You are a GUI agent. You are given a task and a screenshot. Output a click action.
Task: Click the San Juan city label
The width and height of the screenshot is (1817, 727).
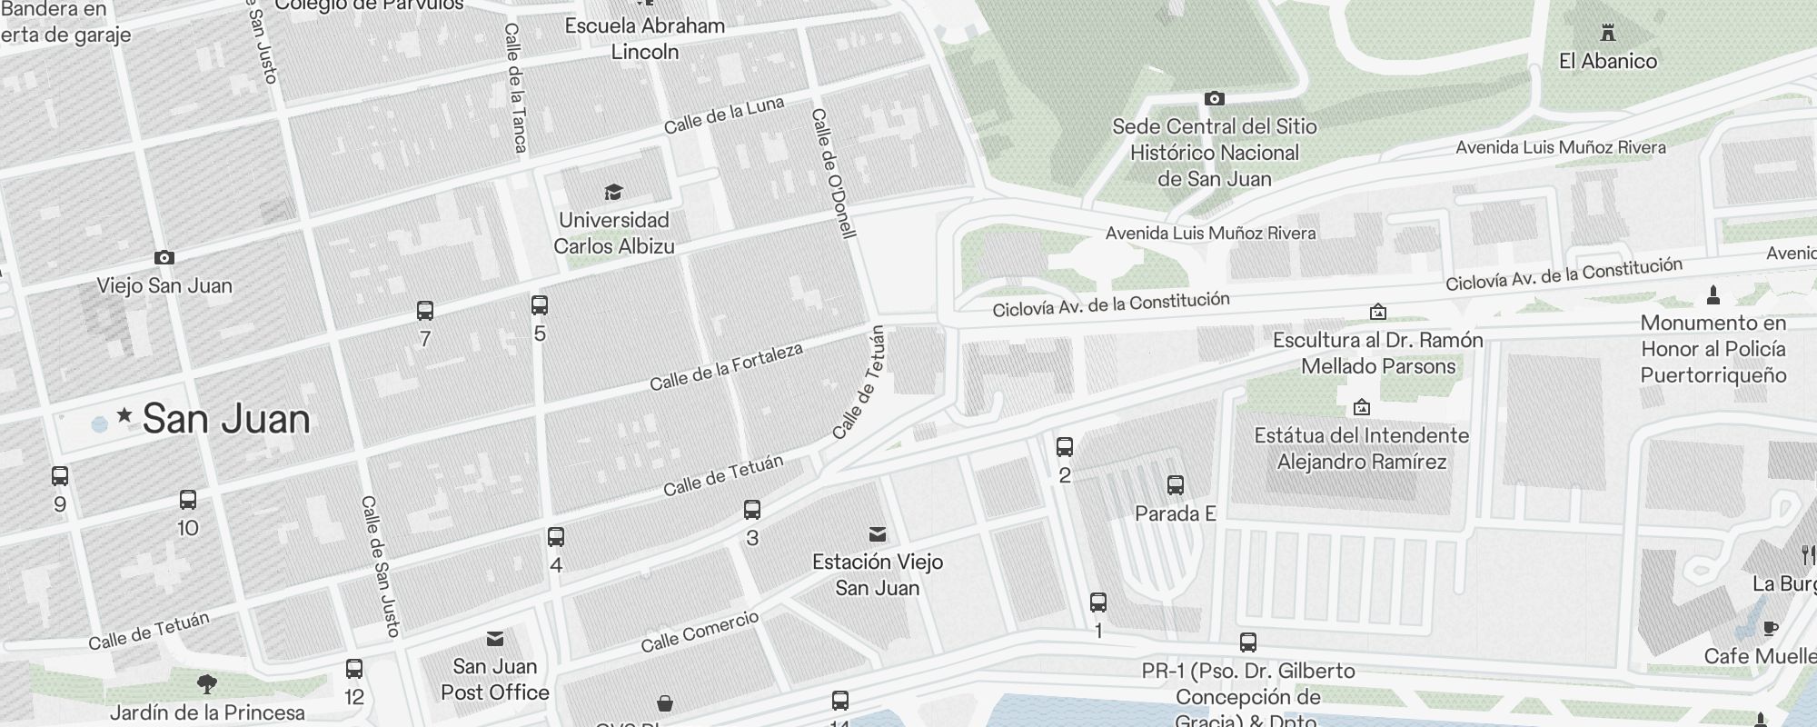click(x=226, y=419)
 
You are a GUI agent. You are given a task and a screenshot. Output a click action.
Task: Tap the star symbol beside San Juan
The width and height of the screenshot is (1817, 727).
click(x=124, y=416)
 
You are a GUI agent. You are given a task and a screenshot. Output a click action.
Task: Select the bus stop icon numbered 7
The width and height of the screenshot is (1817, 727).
click(x=424, y=311)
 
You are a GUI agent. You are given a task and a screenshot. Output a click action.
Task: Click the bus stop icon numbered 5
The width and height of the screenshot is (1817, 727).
click(x=540, y=305)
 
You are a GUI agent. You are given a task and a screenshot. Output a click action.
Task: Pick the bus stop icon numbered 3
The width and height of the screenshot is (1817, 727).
click(x=752, y=509)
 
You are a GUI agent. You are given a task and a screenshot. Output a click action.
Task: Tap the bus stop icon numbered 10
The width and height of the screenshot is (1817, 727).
click(x=188, y=500)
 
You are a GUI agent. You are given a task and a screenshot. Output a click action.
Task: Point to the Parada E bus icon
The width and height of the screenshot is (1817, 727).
click(x=1176, y=485)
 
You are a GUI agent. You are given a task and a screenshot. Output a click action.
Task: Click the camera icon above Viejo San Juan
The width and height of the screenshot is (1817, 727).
click(x=164, y=258)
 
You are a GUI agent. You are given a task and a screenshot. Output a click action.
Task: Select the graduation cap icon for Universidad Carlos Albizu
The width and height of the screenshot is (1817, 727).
click(x=614, y=192)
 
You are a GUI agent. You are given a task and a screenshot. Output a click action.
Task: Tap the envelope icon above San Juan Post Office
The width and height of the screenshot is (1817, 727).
click(x=495, y=639)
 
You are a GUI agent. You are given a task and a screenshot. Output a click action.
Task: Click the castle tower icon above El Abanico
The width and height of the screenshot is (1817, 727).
click(x=1609, y=34)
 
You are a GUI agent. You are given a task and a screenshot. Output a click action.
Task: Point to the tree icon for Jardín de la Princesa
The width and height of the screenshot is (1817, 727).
click(x=207, y=683)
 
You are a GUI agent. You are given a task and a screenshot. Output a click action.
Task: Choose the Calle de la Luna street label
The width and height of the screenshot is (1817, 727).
click(x=723, y=115)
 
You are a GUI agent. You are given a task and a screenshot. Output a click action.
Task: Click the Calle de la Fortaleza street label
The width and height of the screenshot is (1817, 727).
click(x=726, y=367)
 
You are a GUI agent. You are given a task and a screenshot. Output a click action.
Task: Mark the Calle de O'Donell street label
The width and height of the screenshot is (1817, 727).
click(x=834, y=173)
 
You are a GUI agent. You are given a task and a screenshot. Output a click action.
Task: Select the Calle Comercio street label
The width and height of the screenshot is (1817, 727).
click(x=700, y=632)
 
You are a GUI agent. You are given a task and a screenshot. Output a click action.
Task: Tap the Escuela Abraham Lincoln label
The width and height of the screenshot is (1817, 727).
click(x=645, y=38)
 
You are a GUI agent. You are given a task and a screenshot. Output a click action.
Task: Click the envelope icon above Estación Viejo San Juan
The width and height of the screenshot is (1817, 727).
click(x=878, y=533)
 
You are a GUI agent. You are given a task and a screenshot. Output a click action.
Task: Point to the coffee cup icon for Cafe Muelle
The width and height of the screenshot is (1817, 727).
click(x=1770, y=628)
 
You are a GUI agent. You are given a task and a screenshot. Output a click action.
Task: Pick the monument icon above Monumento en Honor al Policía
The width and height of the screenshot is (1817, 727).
click(x=1713, y=294)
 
